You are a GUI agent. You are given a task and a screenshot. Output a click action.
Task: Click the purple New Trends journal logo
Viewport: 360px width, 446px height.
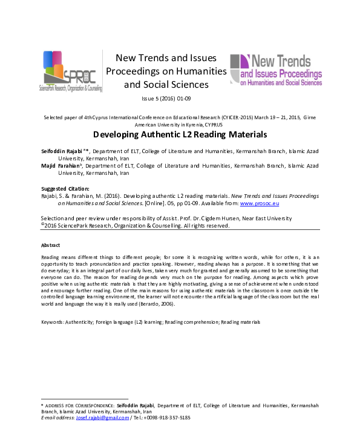(276, 70)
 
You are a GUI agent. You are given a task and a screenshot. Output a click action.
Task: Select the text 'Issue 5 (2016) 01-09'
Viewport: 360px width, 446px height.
(166, 98)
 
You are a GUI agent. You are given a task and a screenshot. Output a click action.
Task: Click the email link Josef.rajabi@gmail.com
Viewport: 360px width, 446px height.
(103, 418)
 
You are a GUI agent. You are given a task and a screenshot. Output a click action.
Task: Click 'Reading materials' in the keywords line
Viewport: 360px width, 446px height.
(240, 321)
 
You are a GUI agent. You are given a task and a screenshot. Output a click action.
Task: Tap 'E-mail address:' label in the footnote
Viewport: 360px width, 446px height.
(57, 418)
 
